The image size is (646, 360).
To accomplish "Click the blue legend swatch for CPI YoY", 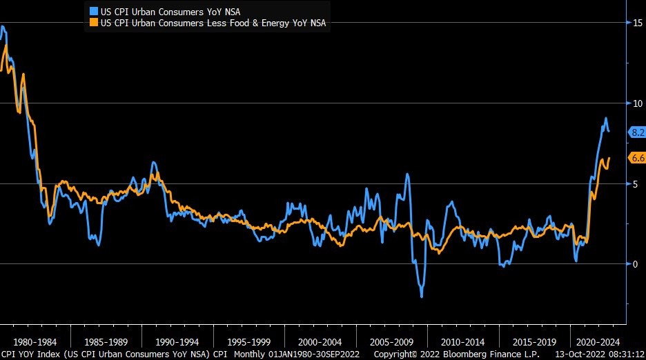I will (94, 11).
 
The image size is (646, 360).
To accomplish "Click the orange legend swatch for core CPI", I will (94, 23).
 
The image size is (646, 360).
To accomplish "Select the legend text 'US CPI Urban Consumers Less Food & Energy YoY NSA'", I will (213, 23).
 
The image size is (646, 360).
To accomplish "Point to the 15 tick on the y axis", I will (638, 23).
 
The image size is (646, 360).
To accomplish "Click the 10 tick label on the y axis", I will (638, 103).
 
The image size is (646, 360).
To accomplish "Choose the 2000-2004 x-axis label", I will (319, 341).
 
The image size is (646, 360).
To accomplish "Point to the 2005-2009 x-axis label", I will (391, 341).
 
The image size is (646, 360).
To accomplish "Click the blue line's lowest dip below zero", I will (422, 296).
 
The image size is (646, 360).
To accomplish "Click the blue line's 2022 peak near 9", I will (606, 119).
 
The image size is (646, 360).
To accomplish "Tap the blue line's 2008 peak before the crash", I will (408, 174).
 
